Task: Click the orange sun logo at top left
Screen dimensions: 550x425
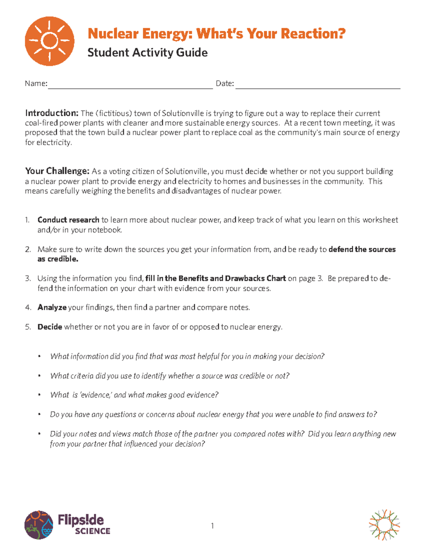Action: click(x=50, y=41)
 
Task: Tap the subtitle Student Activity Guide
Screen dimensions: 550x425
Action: click(x=147, y=52)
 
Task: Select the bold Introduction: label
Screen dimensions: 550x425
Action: click(x=52, y=113)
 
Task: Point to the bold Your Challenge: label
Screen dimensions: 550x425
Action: click(x=57, y=171)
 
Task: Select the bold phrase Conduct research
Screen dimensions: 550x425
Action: click(x=68, y=220)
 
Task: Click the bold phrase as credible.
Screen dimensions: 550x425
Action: click(x=58, y=259)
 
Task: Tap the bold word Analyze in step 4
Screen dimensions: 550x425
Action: click(x=52, y=307)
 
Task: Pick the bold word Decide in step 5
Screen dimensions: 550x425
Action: click(x=50, y=327)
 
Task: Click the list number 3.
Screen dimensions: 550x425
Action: click(x=28, y=278)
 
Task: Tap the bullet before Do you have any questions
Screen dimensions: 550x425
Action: click(x=40, y=414)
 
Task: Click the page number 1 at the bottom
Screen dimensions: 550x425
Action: click(x=212, y=526)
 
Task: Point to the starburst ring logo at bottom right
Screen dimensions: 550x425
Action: click(x=384, y=525)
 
